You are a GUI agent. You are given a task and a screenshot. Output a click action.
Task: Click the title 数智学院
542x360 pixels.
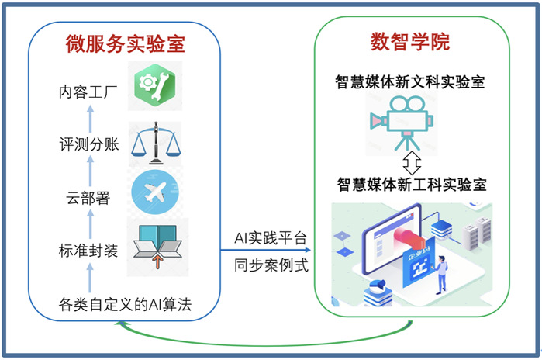(411, 42)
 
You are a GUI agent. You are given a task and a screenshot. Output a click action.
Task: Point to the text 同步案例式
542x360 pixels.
(271, 266)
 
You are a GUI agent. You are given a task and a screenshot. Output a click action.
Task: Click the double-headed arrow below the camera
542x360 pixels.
(412, 163)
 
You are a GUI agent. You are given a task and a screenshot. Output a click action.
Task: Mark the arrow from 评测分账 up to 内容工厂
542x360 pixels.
(90, 119)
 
